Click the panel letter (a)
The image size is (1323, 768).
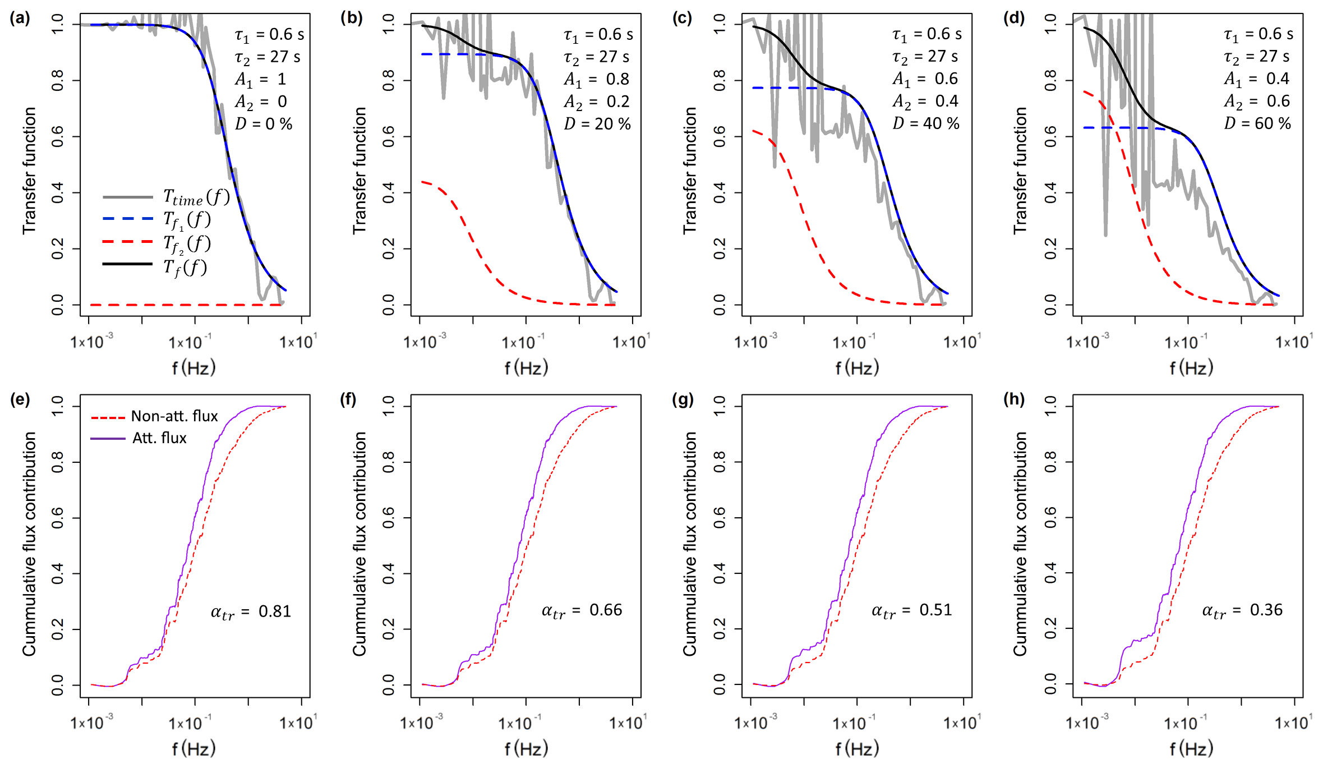tap(20, 19)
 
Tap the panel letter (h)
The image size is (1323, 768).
tap(1013, 399)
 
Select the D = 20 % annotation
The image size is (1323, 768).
tap(597, 124)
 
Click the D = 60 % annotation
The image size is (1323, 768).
tap(1257, 123)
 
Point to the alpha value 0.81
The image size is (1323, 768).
tap(251, 611)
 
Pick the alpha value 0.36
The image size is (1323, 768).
tap(1242, 610)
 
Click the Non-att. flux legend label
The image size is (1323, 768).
tap(174, 416)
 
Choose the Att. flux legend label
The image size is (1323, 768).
tap(159, 438)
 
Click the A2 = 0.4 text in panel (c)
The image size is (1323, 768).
tap(925, 102)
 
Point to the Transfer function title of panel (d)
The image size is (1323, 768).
tap(1020, 171)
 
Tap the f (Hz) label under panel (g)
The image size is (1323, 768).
tap(856, 748)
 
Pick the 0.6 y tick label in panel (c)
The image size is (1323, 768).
tap(719, 137)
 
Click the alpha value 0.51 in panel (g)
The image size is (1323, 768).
tap(911, 610)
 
